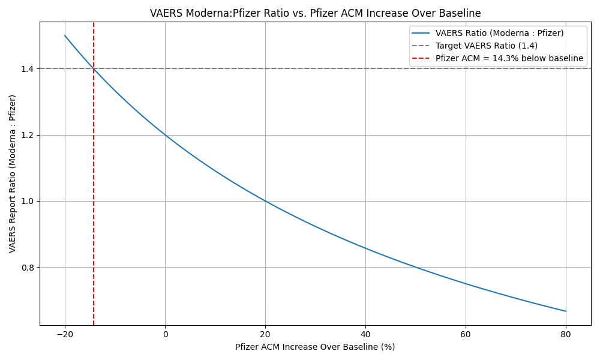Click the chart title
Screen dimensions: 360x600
[315, 13]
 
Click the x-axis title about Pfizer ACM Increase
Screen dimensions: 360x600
[315, 347]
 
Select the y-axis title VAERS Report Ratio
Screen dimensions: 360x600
[13, 173]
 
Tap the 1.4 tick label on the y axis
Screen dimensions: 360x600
[28, 68]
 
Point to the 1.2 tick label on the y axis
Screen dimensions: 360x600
[28, 135]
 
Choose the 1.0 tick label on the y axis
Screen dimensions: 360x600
[28, 201]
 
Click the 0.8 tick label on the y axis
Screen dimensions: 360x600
[28, 267]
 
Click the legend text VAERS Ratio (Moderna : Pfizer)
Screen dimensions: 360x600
[499, 33]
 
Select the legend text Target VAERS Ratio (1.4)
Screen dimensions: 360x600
[486, 46]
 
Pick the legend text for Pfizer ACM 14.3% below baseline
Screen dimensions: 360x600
[509, 58]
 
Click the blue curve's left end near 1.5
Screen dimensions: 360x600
[65, 35]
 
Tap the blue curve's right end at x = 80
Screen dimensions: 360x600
[566, 311]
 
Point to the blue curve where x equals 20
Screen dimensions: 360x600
[265, 201]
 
